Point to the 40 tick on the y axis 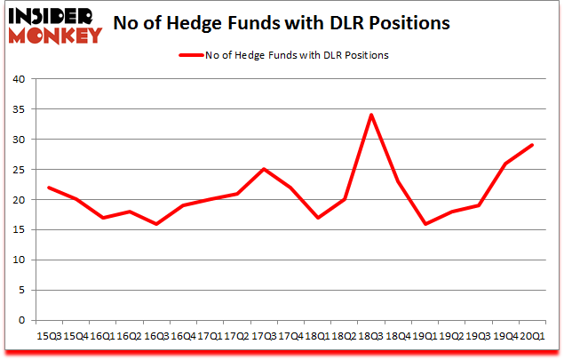click(19, 79)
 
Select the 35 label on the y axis click(19, 109)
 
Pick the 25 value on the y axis click(19, 170)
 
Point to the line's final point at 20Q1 click(532, 145)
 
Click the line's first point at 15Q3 click(48, 187)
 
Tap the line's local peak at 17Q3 click(265, 169)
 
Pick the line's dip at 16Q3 click(156, 223)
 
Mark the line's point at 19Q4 click(504, 164)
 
